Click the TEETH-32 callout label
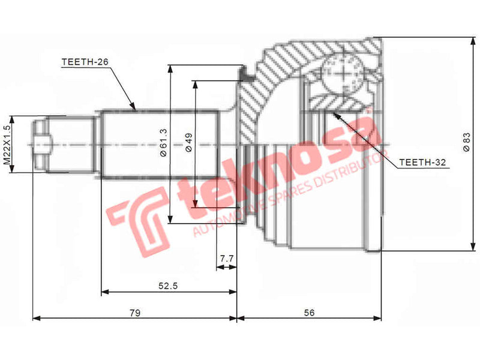pos(423,161)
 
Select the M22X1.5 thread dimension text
pos(8,144)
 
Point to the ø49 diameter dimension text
pos(188,142)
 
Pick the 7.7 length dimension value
pos(226,259)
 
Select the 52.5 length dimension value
pos(169,286)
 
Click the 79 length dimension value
pos(135,313)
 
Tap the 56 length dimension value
pos(310,313)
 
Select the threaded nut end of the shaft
pos(41,144)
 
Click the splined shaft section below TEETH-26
pos(159,144)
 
